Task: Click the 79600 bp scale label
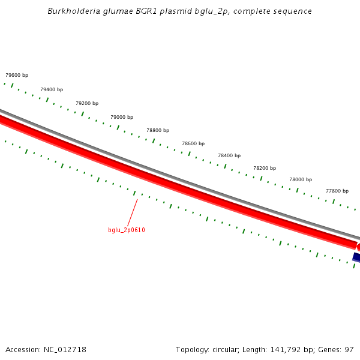click(17, 76)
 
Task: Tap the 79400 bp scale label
click(52, 89)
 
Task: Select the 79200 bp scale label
click(87, 103)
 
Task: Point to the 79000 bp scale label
click(122, 117)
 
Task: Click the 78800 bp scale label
click(158, 130)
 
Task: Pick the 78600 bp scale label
click(193, 143)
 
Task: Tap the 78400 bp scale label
click(229, 155)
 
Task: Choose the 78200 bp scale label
click(265, 168)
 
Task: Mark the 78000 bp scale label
click(301, 179)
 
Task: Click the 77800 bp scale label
click(337, 191)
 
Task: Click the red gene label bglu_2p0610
click(127, 230)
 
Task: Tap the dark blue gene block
click(356, 257)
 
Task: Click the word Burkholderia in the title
click(73, 11)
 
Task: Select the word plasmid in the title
click(166, 11)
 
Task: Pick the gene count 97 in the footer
click(350, 349)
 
